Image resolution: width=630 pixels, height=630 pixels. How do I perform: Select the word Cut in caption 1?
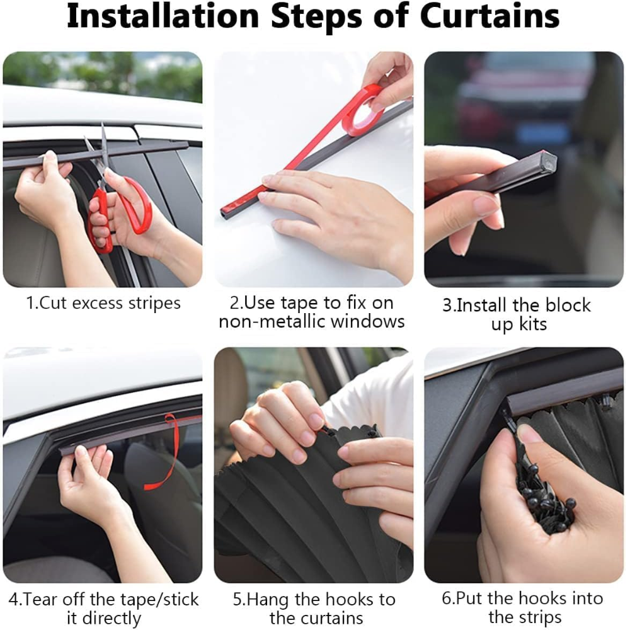(x=54, y=303)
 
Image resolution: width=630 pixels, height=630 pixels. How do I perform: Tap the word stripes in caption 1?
(x=151, y=303)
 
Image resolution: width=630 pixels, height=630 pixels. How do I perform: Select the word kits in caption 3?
(x=532, y=325)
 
